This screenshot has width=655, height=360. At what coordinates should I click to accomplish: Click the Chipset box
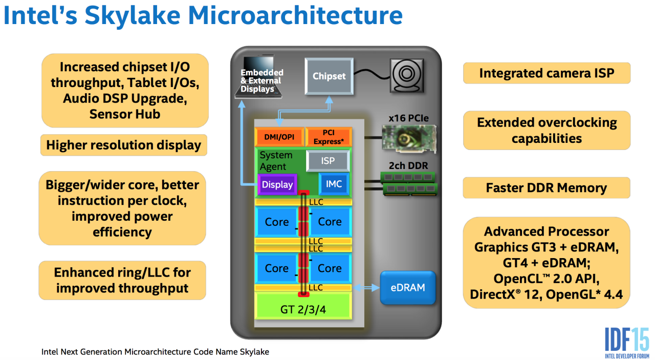click(329, 76)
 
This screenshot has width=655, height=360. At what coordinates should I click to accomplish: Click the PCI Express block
click(327, 137)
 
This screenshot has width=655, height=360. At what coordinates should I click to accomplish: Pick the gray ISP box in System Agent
click(327, 161)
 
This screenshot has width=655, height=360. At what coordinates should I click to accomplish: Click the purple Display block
click(277, 184)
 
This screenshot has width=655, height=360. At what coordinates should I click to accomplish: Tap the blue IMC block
click(334, 184)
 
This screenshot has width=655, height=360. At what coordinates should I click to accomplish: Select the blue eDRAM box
click(407, 288)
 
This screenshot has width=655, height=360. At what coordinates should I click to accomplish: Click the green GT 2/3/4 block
click(303, 309)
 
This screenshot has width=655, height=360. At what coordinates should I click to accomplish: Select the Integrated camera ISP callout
click(546, 73)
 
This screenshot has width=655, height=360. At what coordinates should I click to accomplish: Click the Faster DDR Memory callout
click(546, 188)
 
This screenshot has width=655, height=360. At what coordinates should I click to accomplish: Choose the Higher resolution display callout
click(123, 145)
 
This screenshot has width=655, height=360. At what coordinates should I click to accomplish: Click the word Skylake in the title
click(137, 15)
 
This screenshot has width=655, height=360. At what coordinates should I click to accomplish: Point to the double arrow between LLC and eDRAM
click(365, 288)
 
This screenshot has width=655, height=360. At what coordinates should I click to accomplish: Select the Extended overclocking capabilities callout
click(546, 131)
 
